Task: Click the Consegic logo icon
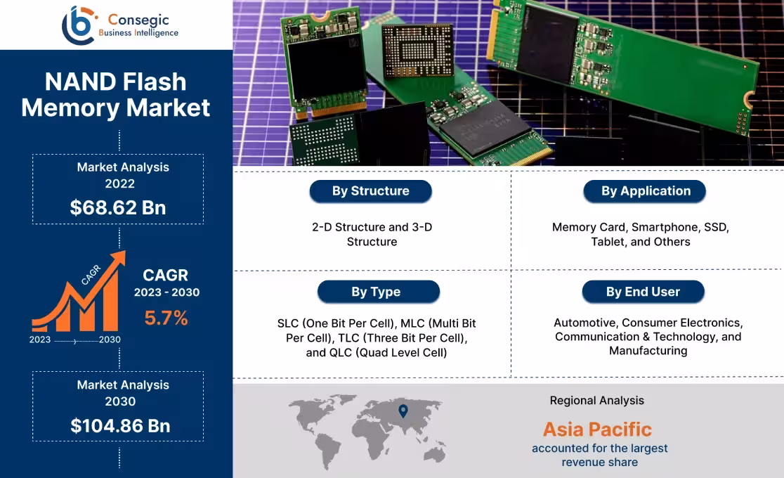77,25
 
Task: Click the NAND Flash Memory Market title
116,95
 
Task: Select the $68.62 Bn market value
117,207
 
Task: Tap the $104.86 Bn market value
120,425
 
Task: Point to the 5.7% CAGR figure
166,318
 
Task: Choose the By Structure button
370,191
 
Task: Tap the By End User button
643,292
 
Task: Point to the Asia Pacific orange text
597,429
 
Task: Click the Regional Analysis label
596,400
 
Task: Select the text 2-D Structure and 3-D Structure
372,234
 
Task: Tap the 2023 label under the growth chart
40,340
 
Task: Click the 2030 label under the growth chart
110,340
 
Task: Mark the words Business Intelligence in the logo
138,33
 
